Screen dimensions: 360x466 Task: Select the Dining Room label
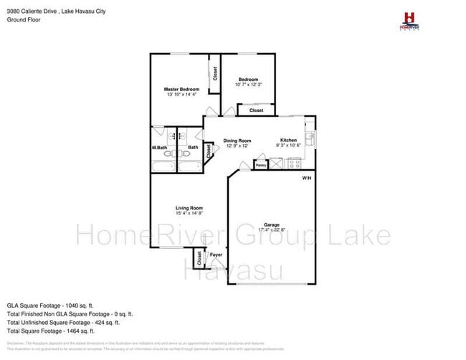click(x=237, y=141)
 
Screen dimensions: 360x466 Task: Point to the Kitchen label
click(x=288, y=141)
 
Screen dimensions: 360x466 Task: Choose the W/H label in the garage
click(x=307, y=178)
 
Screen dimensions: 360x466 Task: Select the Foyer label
click(x=215, y=255)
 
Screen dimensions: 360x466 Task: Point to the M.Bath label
click(x=159, y=148)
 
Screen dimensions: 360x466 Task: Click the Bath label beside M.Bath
click(x=192, y=148)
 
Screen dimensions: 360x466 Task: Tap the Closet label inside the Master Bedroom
click(x=214, y=73)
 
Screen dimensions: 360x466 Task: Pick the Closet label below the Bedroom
click(x=256, y=110)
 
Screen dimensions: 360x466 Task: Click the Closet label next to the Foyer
click(x=199, y=257)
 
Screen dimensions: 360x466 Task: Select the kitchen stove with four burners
click(x=293, y=164)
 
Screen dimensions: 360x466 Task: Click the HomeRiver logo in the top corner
click(x=409, y=19)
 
